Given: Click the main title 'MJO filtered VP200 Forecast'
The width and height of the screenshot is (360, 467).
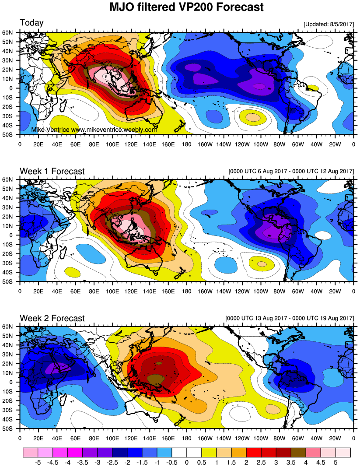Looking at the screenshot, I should pyautogui.click(x=180, y=7).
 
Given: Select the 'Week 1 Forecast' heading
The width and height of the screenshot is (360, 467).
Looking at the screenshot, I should pyautogui.click(x=52, y=171).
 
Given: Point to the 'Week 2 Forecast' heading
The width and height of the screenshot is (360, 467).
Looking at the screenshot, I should pyautogui.click(x=52, y=318).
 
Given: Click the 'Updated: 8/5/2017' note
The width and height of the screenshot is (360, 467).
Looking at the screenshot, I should pyautogui.click(x=328, y=25).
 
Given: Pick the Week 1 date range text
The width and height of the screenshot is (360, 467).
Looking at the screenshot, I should pyautogui.click(x=291, y=172).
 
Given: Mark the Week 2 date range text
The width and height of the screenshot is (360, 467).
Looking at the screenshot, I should pyautogui.click(x=289, y=318).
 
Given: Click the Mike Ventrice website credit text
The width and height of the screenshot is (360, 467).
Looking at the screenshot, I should pyautogui.click(x=94, y=130).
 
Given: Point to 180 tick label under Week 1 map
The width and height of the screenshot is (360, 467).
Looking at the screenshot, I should pyautogui.click(x=187, y=290).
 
